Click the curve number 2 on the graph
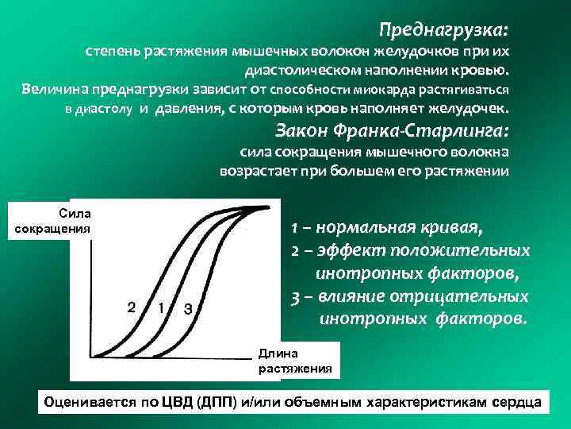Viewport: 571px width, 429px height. coord(132,307)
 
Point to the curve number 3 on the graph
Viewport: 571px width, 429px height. coord(187,308)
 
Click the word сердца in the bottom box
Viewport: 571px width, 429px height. coord(515,402)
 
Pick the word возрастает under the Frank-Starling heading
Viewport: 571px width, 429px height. coord(253,170)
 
